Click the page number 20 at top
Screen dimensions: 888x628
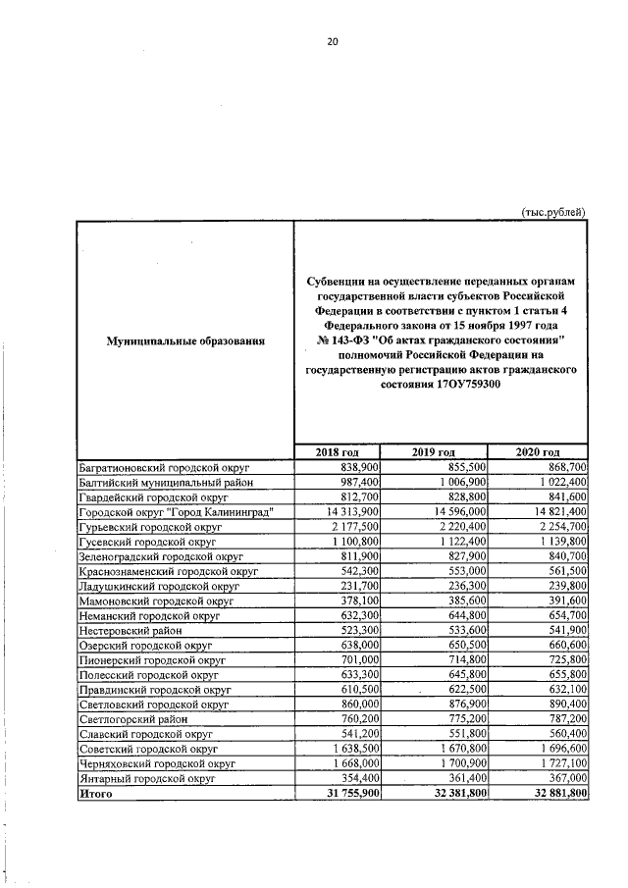point(333,41)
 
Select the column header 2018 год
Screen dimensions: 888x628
point(338,451)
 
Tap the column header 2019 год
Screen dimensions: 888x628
point(437,451)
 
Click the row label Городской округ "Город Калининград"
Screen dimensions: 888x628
point(175,513)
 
